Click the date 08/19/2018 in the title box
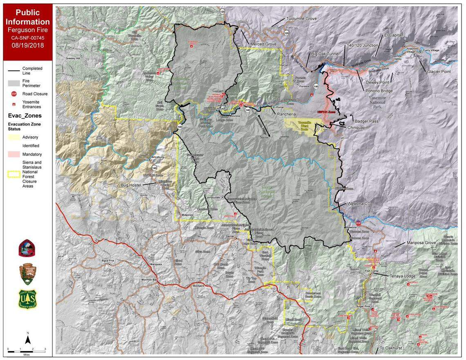[x=27, y=46]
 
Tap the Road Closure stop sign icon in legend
[x=13, y=94]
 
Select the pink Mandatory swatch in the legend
[x=13, y=154]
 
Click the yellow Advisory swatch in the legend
[x=13, y=137]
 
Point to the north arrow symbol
[x=27, y=338]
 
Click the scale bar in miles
[x=27, y=349]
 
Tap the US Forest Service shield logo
[x=27, y=299]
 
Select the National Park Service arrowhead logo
[x=27, y=273]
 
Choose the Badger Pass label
[x=366, y=121]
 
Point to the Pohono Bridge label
[x=381, y=91]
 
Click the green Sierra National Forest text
[x=268, y=192]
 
